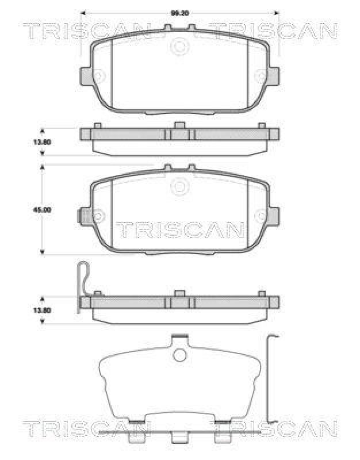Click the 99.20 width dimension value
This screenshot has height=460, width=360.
(180, 11)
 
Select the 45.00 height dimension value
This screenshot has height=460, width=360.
(43, 210)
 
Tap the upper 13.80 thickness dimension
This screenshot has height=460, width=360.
(43, 143)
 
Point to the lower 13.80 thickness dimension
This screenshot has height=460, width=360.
(43, 310)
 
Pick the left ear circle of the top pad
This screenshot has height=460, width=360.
(98, 75)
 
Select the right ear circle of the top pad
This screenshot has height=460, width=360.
(262, 75)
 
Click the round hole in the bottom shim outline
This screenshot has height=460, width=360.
(179, 355)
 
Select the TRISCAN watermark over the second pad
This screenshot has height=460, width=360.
(180, 229)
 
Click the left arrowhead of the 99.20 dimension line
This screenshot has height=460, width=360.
(82, 11)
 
